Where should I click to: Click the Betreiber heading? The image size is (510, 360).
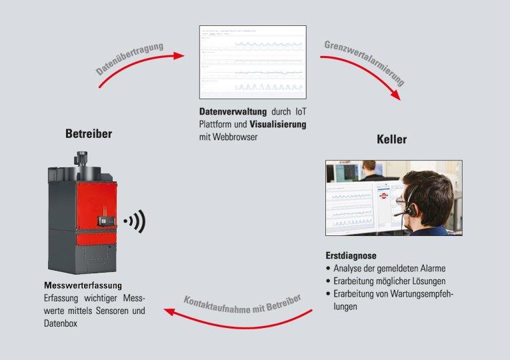pos(89,134)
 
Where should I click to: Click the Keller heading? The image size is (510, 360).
pos(392,140)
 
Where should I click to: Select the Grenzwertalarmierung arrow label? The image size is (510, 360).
pos(365,64)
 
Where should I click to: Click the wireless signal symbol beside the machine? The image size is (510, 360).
pos(135,221)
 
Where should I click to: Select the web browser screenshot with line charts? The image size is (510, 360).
pos(253,62)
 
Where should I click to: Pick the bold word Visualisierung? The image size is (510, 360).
pos(278,125)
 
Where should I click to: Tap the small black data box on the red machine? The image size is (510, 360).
pos(106,219)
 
